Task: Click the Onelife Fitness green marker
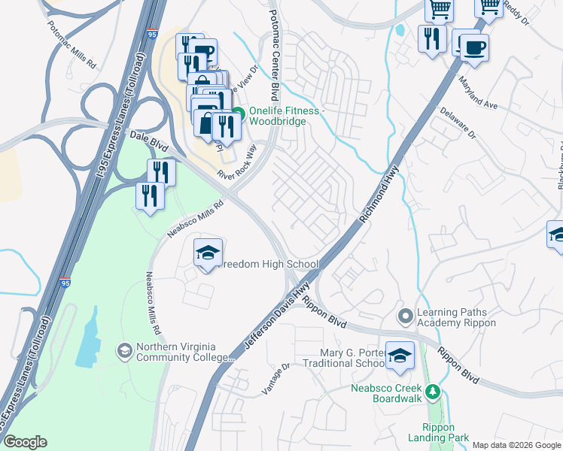pos(238,114)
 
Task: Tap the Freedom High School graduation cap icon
pos(208,252)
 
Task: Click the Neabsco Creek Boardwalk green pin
pos(432,391)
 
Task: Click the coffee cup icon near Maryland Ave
pos(473,47)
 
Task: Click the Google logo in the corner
pos(26,442)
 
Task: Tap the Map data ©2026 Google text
pos(516,445)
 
